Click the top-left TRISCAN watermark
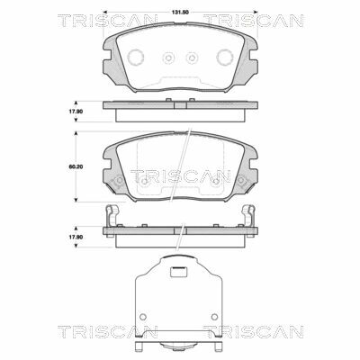click(107, 21)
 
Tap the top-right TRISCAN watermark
click(254, 21)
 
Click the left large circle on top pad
click(136, 57)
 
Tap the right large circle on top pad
click(225, 57)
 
